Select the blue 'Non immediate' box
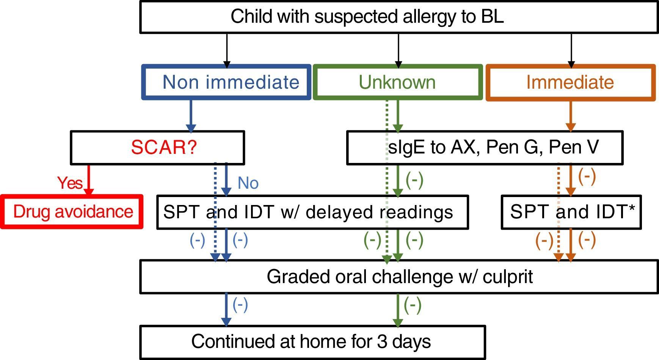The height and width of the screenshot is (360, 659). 226,82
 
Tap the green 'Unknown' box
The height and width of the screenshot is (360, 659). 398,82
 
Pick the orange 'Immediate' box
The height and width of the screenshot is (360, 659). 571,82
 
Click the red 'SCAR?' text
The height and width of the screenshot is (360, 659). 164,147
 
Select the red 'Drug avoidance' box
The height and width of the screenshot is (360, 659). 72,212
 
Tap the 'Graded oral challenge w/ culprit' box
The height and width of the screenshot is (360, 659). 399,277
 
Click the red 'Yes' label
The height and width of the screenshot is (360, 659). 70,183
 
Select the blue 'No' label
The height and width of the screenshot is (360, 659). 248,183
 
